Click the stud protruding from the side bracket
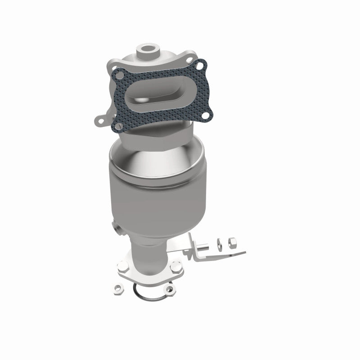click(204, 246)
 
